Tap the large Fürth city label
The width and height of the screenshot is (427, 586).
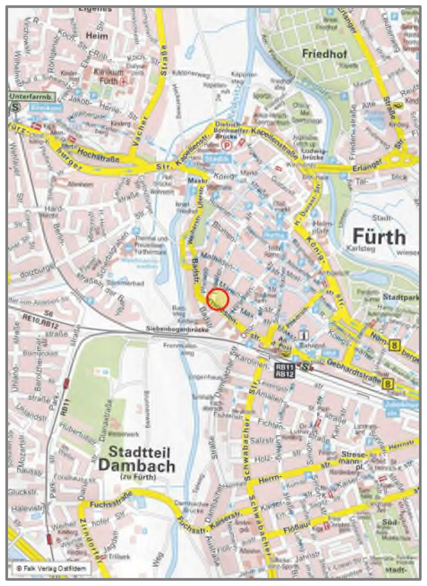(x=379, y=236)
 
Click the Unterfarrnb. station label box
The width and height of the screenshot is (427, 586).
(x=31, y=96)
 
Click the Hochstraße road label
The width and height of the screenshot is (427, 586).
(x=94, y=153)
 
